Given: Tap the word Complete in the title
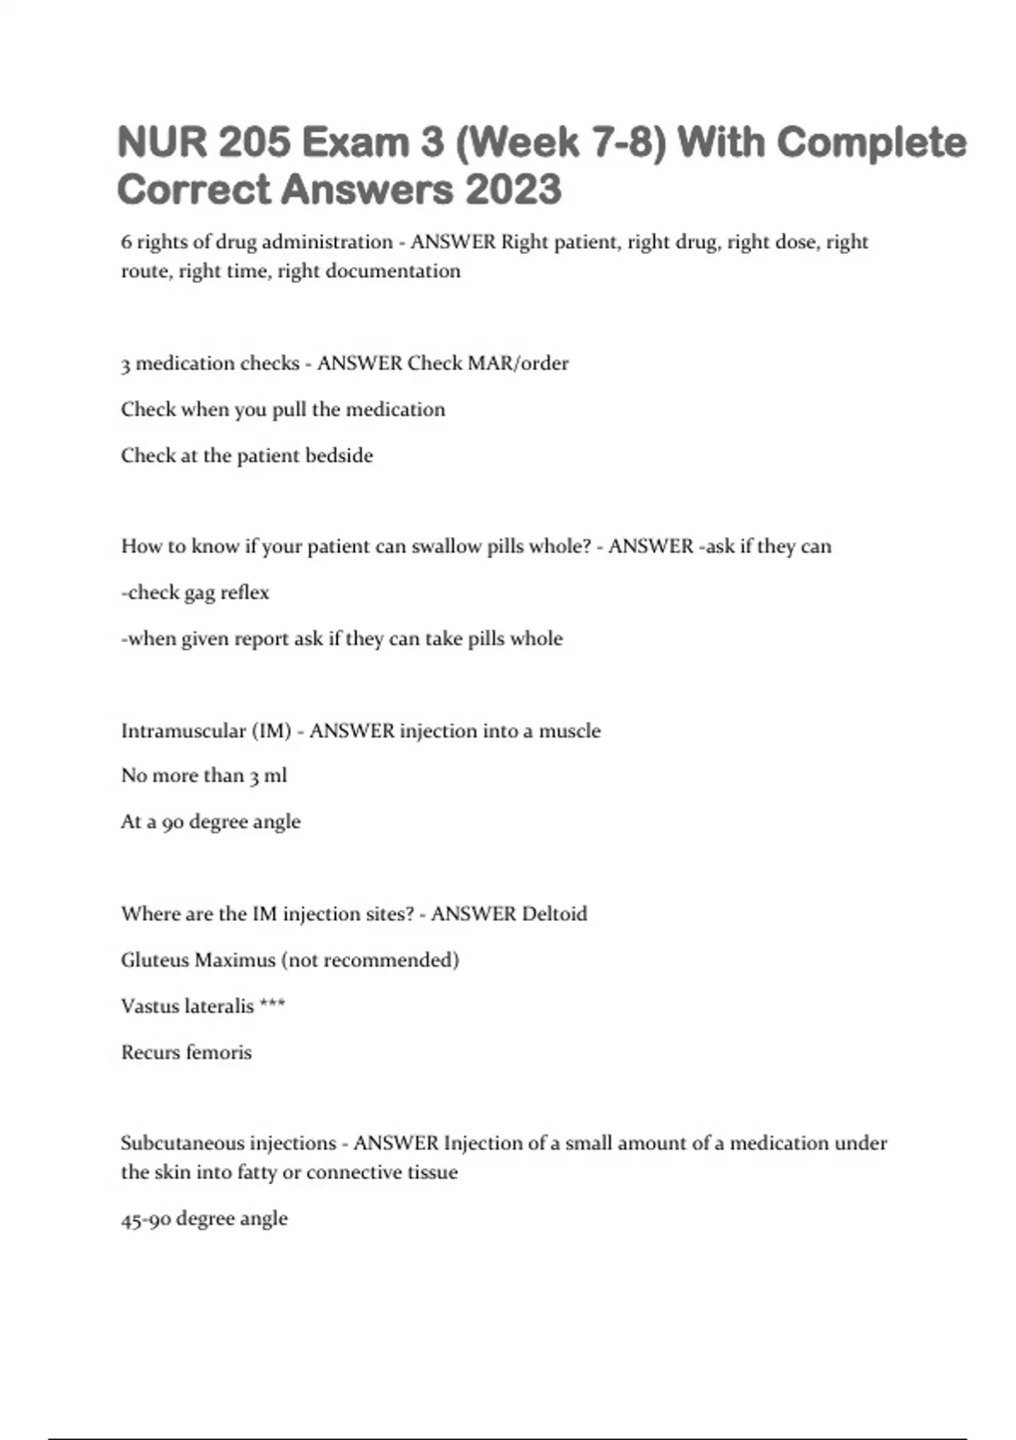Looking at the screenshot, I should (871, 141).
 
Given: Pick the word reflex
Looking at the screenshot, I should (245, 593).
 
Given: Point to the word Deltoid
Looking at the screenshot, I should (555, 914).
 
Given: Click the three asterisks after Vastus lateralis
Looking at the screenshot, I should (273, 1005).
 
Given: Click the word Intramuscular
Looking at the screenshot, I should (183, 731).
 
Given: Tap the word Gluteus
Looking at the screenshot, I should (155, 961).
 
